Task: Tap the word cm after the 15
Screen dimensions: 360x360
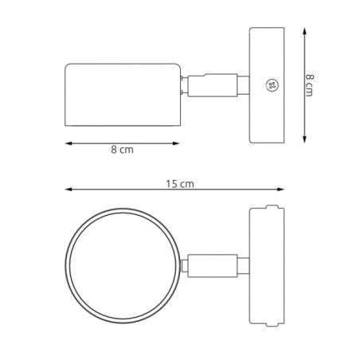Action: (186, 183)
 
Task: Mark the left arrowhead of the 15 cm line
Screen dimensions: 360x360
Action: (68, 190)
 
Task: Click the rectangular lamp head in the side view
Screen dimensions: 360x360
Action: (122, 94)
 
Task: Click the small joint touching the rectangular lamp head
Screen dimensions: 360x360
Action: (184, 86)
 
